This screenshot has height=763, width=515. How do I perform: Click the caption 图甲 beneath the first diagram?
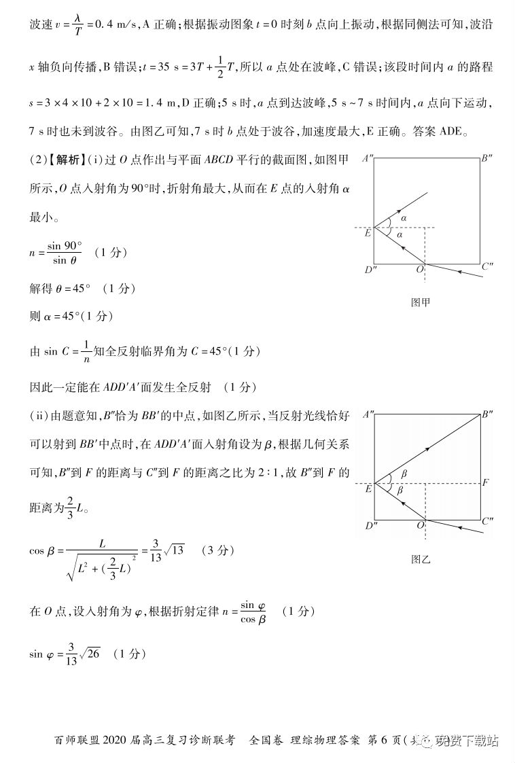(421, 303)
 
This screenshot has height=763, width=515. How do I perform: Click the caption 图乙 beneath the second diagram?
(421, 560)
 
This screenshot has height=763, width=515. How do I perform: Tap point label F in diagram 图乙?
(485, 483)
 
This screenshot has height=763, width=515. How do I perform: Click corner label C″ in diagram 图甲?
(487, 266)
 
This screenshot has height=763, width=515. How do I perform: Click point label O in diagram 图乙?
(421, 526)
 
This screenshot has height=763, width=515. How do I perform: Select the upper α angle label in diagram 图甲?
(403, 218)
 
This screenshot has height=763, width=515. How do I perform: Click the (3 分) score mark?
(217, 550)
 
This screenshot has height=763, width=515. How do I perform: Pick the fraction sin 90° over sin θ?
(65, 252)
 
